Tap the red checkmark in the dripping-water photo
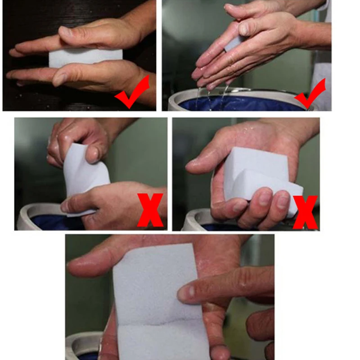pos(310,93)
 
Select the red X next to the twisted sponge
pos(150,210)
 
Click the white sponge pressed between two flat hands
pos(85,58)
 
